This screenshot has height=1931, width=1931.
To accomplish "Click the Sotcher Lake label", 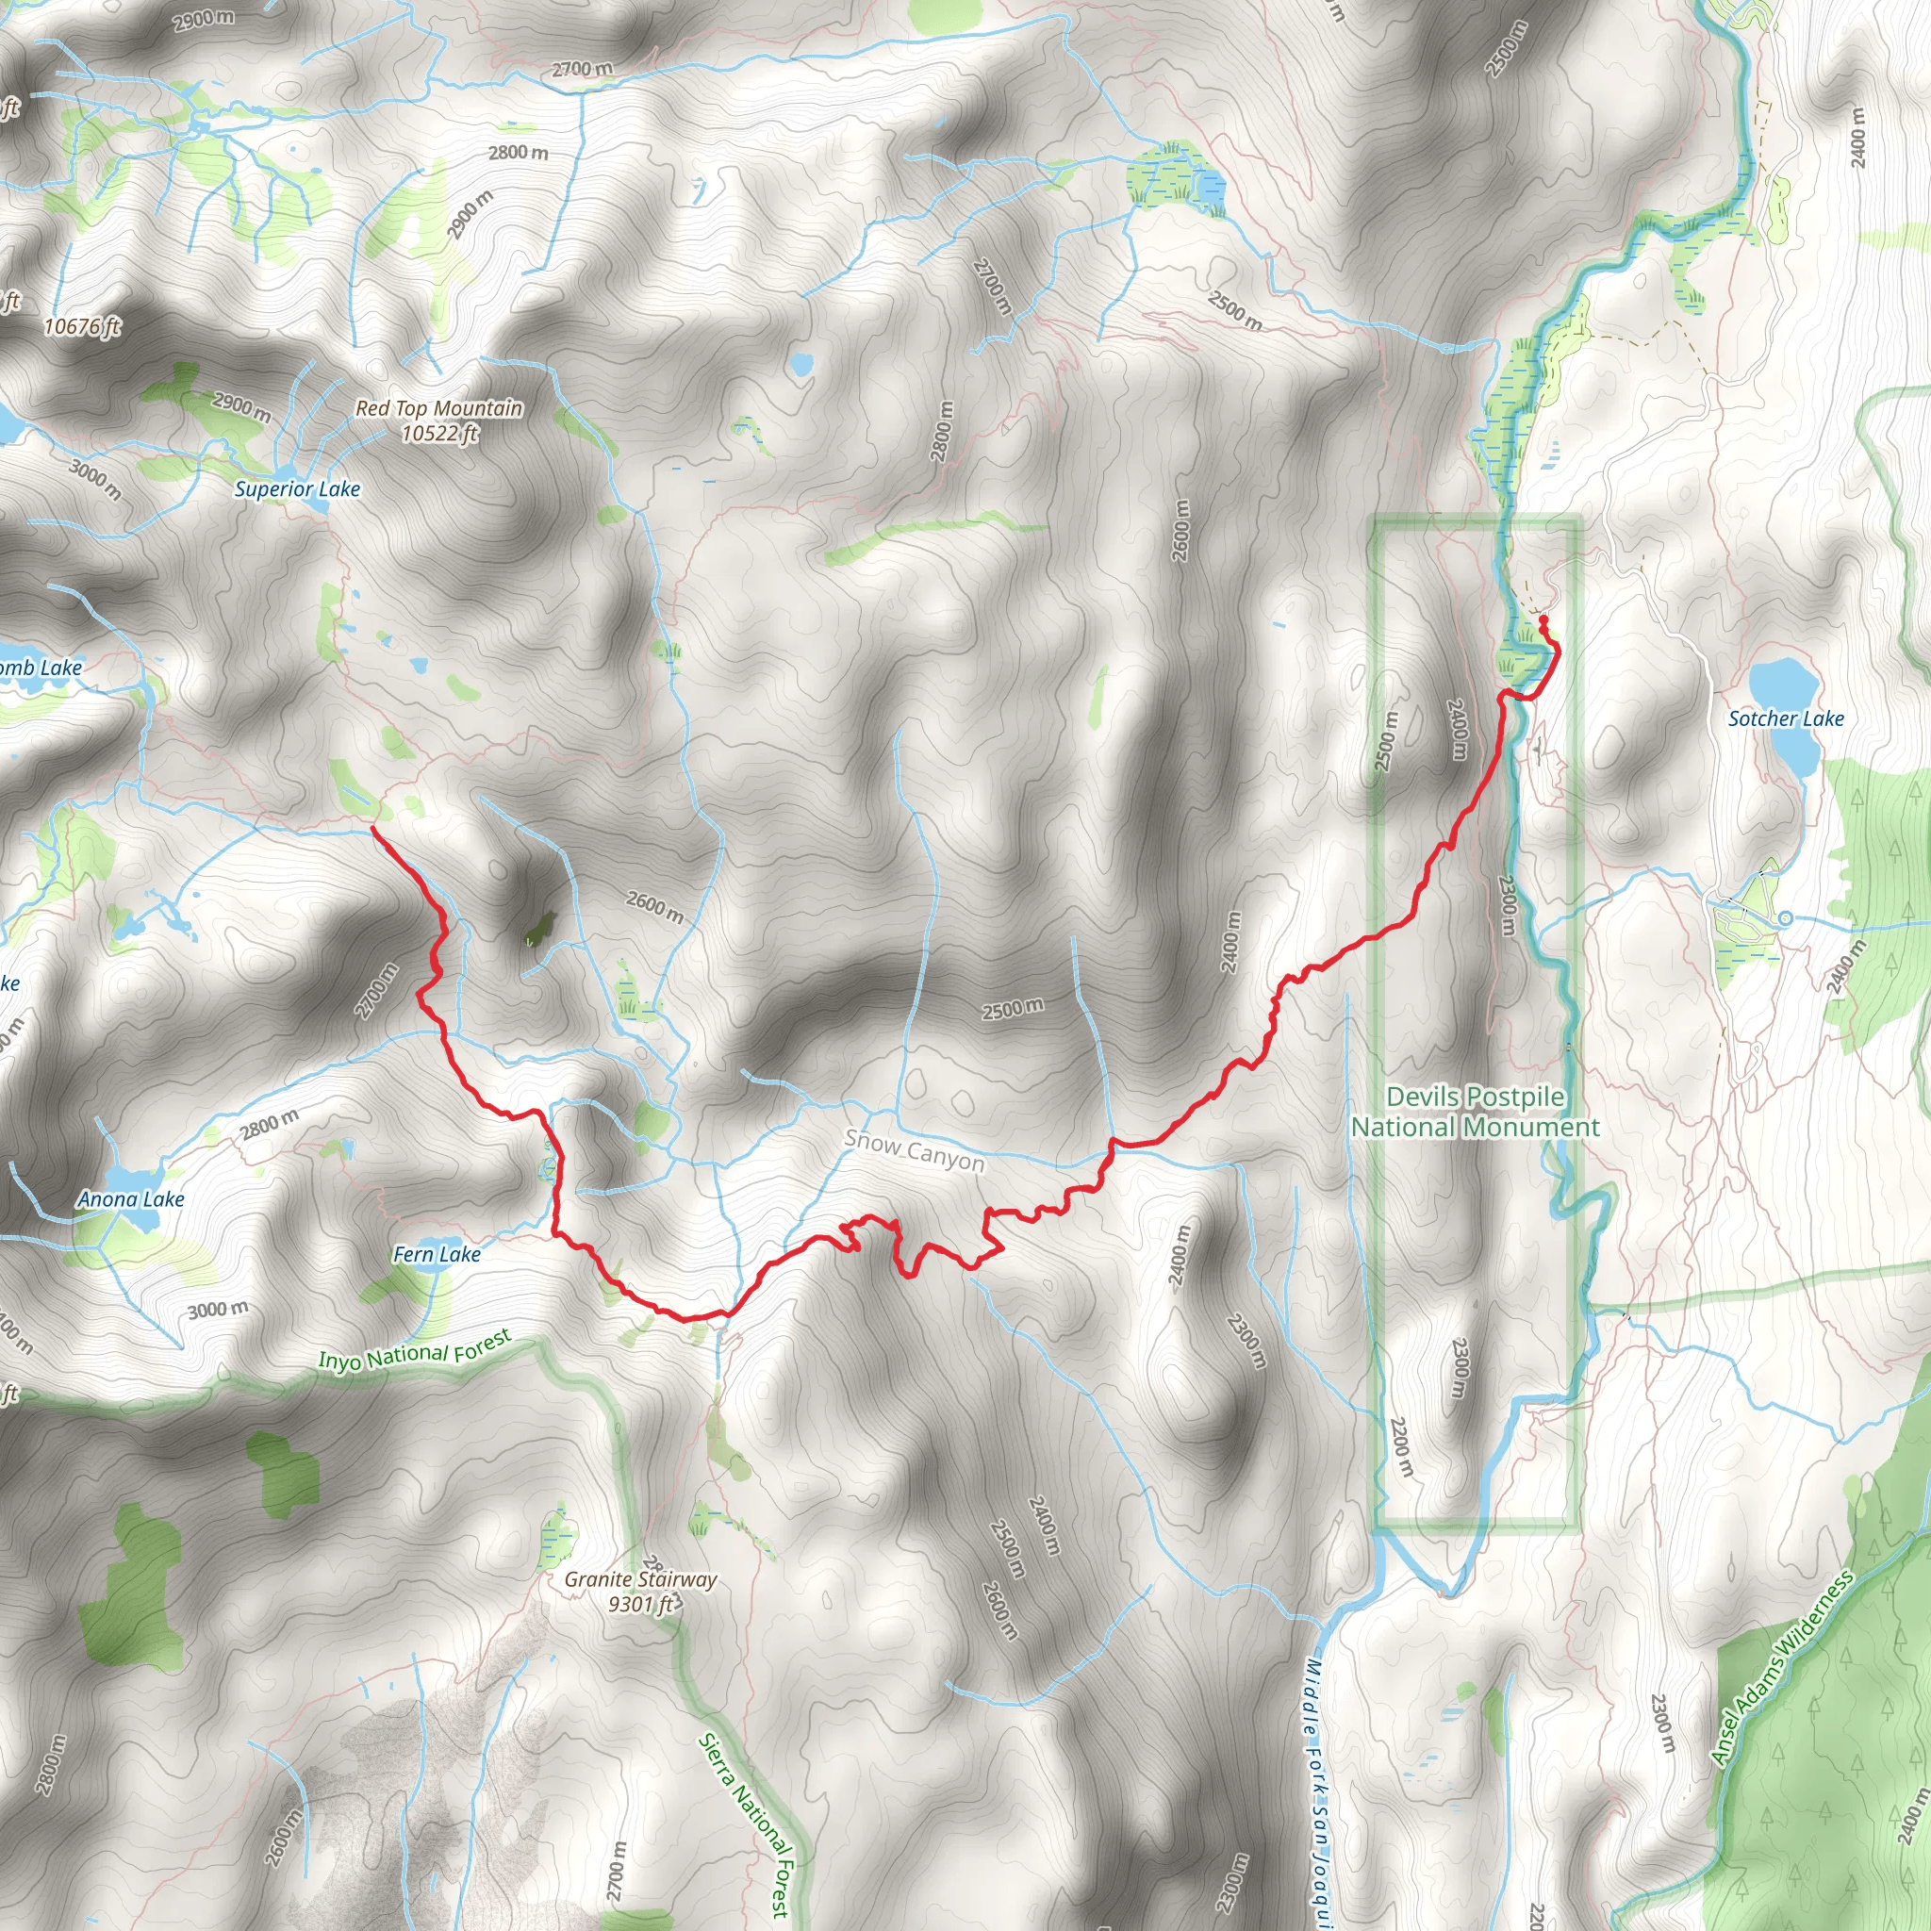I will (x=1786, y=718).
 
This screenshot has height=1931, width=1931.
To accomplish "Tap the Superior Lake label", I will (x=297, y=488).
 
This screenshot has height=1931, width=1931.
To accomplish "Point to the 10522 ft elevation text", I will (x=439, y=433).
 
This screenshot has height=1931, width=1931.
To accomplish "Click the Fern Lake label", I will (x=437, y=1254).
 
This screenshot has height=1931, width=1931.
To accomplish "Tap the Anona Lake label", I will (x=131, y=1199).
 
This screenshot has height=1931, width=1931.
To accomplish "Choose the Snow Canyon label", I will (x=915, y=1150).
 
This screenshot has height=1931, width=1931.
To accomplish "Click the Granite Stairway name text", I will (x=640, y=1579).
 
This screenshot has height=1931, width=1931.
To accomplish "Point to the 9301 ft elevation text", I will (x=640, y=1604).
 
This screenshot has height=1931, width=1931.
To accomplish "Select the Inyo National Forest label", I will (x=415, y=1350).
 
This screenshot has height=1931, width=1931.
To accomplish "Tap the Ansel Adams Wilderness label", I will (x=1781, y=1669).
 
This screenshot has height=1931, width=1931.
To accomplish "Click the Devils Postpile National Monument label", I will (x=1475, y=1113).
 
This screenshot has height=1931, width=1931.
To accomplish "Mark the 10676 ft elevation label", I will (x=82, y=327).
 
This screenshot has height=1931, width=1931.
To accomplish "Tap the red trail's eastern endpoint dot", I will (x=1543, y=619).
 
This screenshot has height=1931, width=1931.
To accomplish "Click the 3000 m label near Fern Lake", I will (x=218, y=1310).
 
